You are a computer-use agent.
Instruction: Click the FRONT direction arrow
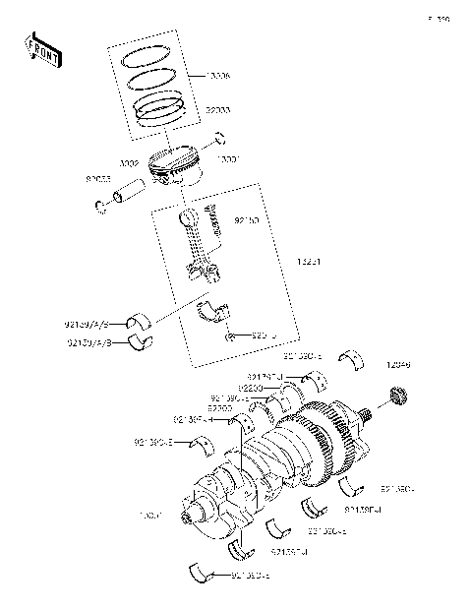tap(42, 49)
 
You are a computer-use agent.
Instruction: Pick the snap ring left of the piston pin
tap(100, 207)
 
